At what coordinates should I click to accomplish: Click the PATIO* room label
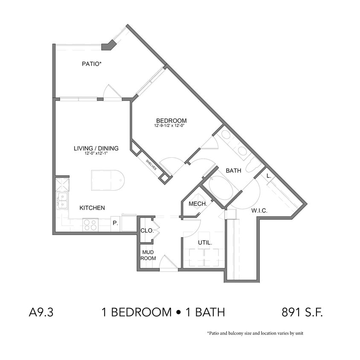tap(92, 64)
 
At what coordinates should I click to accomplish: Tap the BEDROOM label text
tap(171, 121)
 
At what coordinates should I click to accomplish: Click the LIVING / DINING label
tap(96, 148)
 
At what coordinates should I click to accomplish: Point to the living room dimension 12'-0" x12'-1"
tap(96, 154)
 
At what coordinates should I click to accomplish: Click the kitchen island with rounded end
tap(107, 180)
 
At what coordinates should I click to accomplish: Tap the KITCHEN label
tap(92, 208)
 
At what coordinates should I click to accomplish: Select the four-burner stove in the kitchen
tap(90, 224)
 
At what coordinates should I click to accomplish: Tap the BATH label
tap(233, 171)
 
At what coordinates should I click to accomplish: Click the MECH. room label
tap(197, 204)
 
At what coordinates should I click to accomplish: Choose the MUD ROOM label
tap(149, 255)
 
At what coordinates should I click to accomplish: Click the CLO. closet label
tap(147, 231)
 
